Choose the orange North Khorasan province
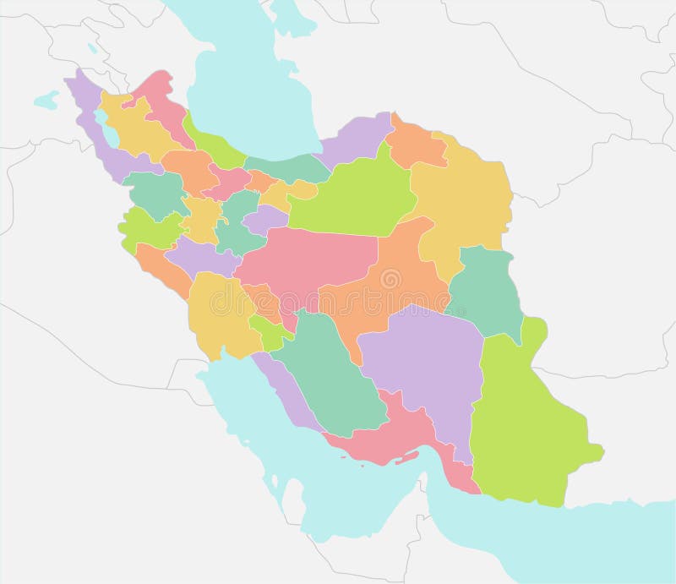click(414, 144)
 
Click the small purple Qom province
click(266, 220)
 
